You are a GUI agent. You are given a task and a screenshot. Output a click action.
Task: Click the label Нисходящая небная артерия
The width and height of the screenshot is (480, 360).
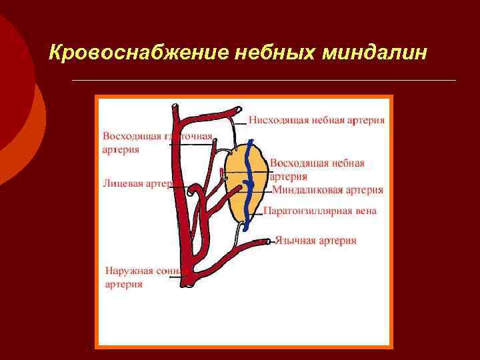[317, 121]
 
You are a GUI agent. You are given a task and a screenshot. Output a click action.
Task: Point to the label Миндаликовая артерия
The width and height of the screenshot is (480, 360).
[327, 190]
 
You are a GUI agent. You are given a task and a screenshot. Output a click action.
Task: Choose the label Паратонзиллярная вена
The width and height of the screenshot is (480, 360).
[320, 211]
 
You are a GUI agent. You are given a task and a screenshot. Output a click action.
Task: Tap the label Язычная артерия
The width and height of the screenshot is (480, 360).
[315, 241]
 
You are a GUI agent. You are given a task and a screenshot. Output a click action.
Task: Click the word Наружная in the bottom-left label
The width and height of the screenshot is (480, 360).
[129, 271]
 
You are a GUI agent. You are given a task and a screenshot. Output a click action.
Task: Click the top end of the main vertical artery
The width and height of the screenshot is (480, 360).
[175, 106]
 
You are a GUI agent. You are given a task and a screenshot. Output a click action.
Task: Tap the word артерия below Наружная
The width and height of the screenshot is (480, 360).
[124, 284]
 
